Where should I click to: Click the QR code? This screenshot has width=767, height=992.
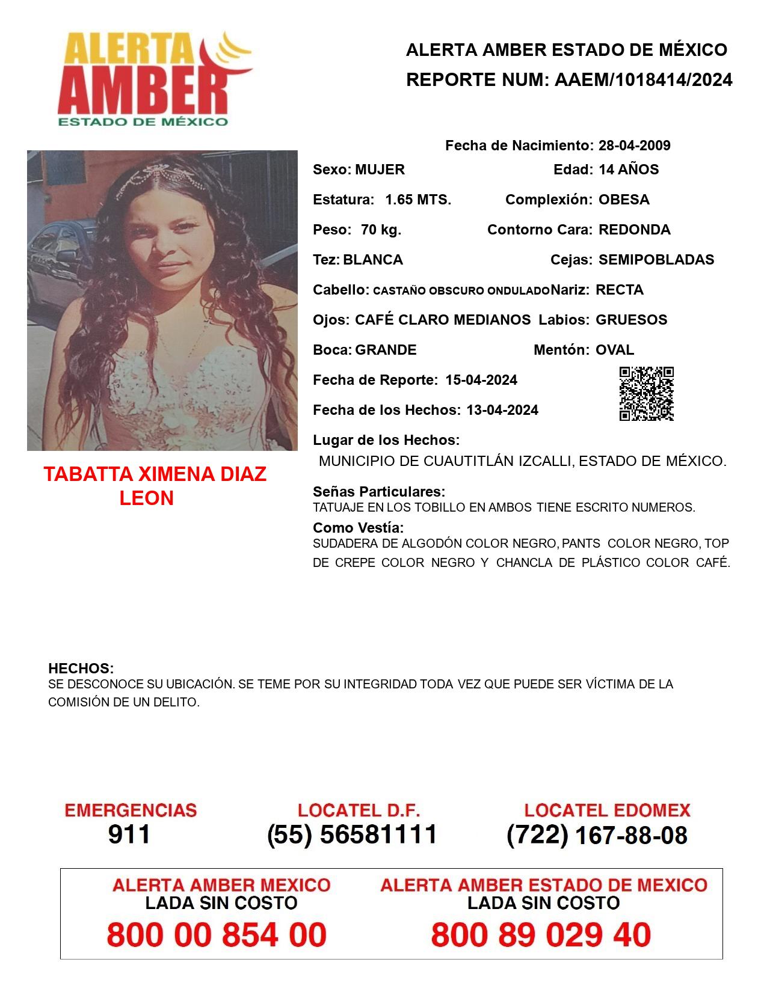click(647, 394)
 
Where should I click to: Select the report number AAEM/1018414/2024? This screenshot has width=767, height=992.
click(643, 79)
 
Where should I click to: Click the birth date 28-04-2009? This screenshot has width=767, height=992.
click(634, 145)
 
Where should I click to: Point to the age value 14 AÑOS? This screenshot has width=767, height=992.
click(629, 170)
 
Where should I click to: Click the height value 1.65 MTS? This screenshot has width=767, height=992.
click(418, 200)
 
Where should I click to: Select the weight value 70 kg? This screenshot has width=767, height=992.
click(381, 230)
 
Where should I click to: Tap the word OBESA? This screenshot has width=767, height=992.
click(624, 200)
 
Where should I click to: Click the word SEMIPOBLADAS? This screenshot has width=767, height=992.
click(656, 260)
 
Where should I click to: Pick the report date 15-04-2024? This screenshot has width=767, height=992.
click(481, 380)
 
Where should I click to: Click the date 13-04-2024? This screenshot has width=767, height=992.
click(502, 410)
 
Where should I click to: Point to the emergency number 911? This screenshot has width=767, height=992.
click(129, 834)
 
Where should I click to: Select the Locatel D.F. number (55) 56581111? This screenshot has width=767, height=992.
click(352, 834)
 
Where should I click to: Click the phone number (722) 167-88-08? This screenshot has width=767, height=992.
click(597, 835)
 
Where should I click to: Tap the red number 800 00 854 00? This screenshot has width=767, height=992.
click(217, 935)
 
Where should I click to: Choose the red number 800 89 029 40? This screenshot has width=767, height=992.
click(541, 935)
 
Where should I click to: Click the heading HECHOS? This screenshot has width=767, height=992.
click(81, 669)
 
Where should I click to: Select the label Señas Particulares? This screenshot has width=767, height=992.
click(379, 492)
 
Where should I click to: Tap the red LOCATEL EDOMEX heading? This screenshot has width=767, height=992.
click(607, 810)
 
